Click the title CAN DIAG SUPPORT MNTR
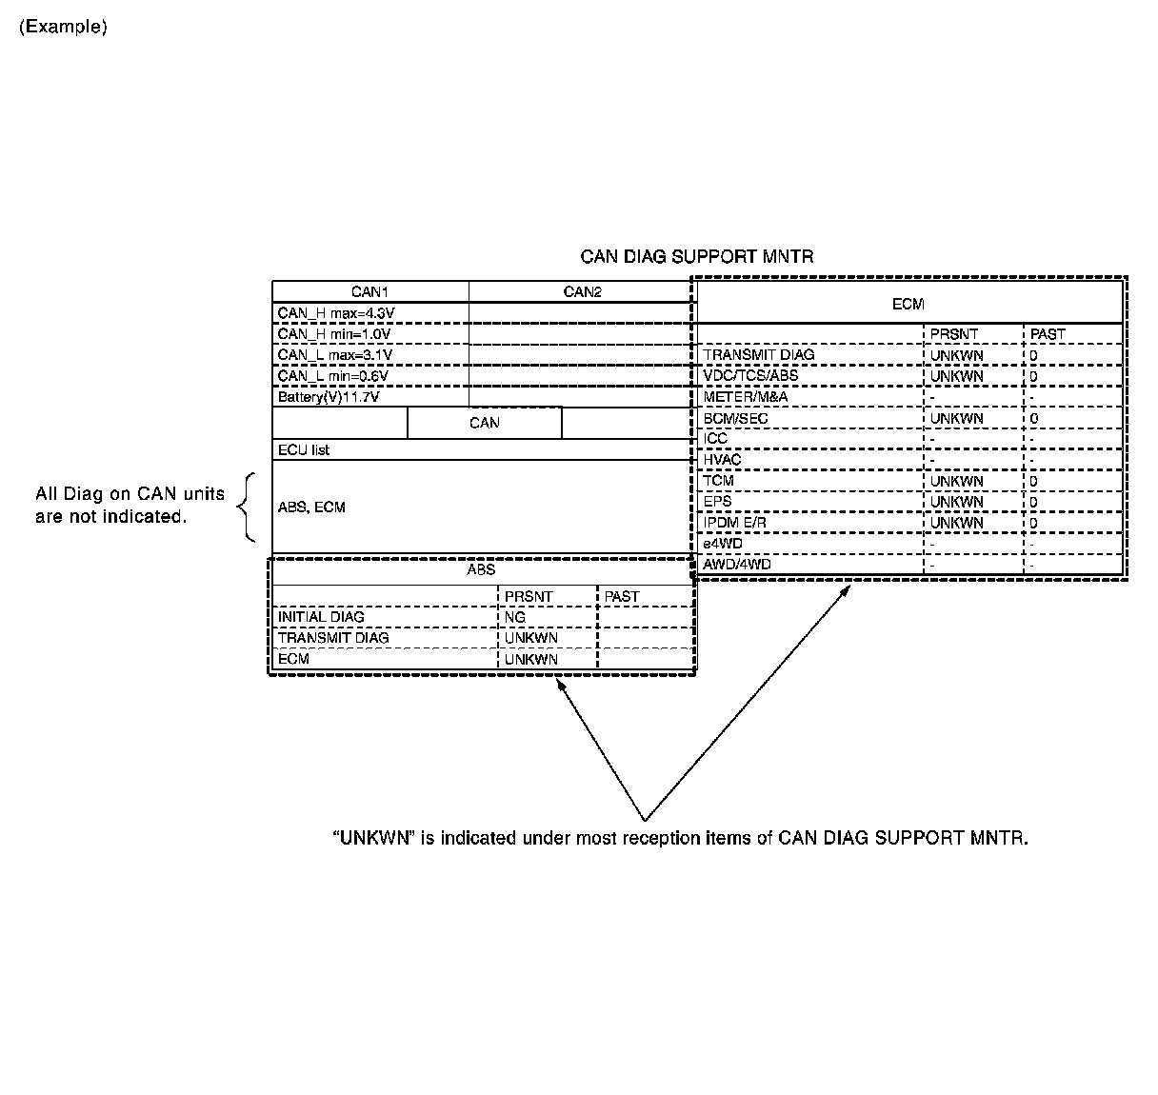coord(696,257)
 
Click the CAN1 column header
coord(369,292)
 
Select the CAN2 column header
coord(582,292)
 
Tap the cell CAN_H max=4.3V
coord(335,313)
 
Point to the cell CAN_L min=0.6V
coord(332,376)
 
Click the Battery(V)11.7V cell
coord(329,397)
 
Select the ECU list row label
coord(304,449)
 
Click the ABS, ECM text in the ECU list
coord(311,508)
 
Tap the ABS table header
coord(481,569)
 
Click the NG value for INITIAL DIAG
coord(515,617)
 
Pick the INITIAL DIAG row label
coord(321,617)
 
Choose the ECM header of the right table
coord(908,304)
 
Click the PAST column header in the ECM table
coord(1048,334)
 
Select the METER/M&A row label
coord(745,397)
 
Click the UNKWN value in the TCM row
coord(956,481)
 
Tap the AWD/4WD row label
coord(736,565)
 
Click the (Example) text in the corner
coord(63,27)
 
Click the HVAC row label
coord(722,460)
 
